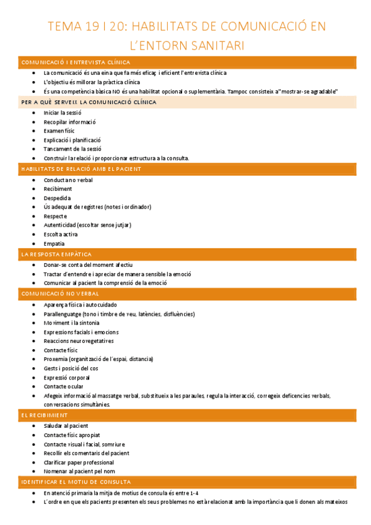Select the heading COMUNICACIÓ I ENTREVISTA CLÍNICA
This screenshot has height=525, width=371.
[76, 63]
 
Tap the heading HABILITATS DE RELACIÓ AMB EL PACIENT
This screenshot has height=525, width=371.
[81, 169]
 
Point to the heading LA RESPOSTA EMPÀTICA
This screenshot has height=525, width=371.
[56, 254]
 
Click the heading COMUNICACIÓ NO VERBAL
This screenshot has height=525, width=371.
[60, 293]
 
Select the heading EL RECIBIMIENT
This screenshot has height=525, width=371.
[45, 415]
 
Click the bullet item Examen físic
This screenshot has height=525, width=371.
[59, 131]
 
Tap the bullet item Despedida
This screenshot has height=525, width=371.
[57, 198]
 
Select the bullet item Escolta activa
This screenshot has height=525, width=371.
[61, 235]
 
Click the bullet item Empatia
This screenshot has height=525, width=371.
[54, 244]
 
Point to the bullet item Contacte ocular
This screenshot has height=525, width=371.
[63, 386]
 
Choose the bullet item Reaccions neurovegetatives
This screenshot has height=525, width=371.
[79, 341]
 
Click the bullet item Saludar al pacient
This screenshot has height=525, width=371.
[66, 426]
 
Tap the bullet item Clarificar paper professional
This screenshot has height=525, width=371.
[79, 462]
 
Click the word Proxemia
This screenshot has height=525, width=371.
[55, 359]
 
